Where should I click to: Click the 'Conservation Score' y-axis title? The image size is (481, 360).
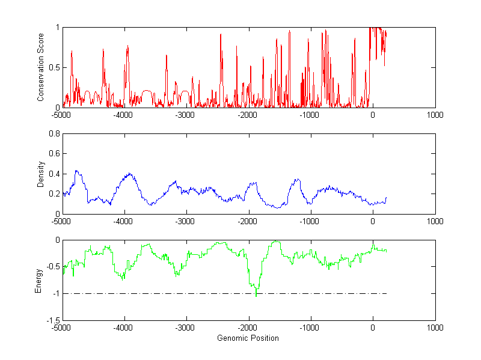click(x=40, y=67)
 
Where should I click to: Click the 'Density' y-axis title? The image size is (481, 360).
click(x=40, y=174)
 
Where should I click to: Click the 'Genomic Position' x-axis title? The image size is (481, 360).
click(x=248, y=338)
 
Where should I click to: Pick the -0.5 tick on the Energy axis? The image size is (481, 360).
click(x=53, y=266)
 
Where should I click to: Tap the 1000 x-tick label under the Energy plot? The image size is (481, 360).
click(x=435, y=328)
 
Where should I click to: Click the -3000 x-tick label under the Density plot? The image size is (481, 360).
click(x=186, y=221)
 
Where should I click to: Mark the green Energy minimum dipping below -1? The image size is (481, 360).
click(x=256, y=296)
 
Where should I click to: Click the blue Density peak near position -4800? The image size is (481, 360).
click(x=76, y=171)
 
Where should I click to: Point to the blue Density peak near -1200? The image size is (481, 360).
click(x=296, y=179)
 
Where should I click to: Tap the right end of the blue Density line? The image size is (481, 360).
click(x=387, y=197)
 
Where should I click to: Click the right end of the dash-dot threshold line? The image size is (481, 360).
click(x=385, y=293)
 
